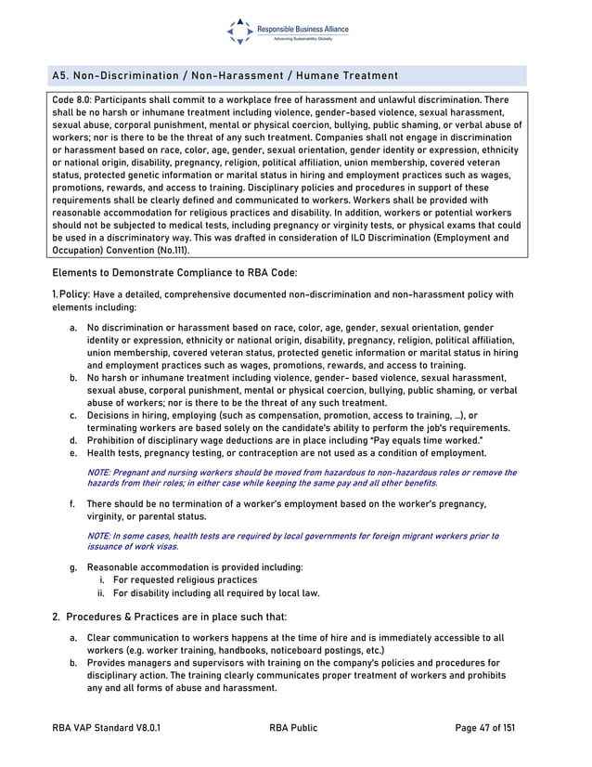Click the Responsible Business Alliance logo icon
(x=239, y=32)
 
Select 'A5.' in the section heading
(x=61, y=75)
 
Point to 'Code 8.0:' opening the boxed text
(x=72, y=99)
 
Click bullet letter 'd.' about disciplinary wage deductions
(x=73, y=440)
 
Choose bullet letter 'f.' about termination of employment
(x=73, y=503)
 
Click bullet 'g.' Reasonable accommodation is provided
(x=73, y=566)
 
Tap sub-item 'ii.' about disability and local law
(x=104, y=592)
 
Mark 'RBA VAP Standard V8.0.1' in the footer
(x=107, y=729)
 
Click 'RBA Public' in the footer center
(x=293, y=729)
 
